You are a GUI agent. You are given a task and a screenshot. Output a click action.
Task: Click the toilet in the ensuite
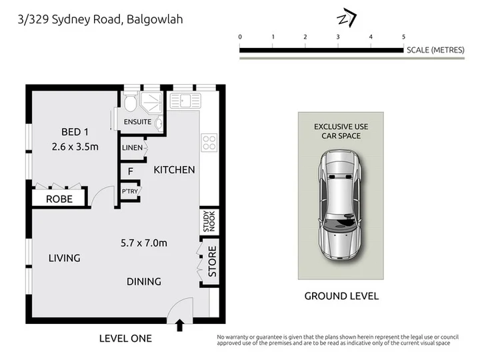tap(131, 101)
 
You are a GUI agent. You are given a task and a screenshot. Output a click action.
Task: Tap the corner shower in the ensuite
tap(151, 102)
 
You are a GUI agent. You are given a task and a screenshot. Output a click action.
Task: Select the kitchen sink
tap(185, 101)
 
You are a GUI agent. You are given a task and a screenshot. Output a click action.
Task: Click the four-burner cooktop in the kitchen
tap(209, 143)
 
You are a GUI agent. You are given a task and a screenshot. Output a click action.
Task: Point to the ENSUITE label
tap(137, 122)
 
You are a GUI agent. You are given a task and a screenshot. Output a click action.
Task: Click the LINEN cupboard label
tap(132, 147)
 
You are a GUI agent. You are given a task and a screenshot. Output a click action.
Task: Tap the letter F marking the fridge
tap(131, 171)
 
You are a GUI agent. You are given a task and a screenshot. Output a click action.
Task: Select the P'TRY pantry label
tap(130, 191)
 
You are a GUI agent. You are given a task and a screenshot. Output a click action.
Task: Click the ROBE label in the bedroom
tap(59, 199)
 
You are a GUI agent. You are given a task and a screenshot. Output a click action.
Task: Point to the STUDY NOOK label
tap(209, 221)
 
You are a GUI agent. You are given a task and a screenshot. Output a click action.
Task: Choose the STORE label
tap(212, 261)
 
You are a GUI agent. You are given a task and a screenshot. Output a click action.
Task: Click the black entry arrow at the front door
tap(180, 325)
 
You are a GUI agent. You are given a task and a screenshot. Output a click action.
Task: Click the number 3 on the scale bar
tap(338, 37)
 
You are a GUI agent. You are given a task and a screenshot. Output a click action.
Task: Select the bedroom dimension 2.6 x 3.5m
tap(75, 147)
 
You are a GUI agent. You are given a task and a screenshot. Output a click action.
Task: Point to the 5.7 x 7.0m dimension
tap(144, 243)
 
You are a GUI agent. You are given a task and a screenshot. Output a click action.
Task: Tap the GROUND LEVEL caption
tap(341, 296)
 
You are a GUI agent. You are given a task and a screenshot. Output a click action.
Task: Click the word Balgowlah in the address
tap(155, 19)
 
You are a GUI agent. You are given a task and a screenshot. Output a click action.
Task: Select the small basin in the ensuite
tap(159, 124)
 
